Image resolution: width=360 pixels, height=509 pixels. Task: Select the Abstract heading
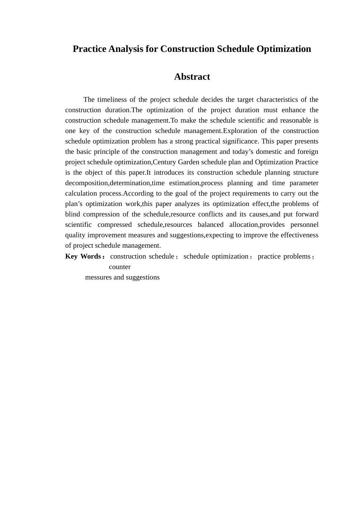(x=192, y=77)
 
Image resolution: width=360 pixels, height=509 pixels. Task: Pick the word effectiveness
(x=299, y=235)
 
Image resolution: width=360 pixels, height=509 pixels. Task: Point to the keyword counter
(x=120, y=267)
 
